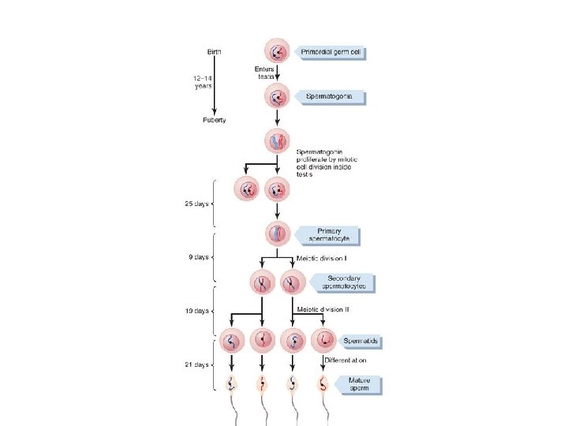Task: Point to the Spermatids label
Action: [361, 342]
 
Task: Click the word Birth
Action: [214, 52]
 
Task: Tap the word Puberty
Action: [215, 120]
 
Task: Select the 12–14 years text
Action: [202, 82]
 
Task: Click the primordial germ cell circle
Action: [278, 53]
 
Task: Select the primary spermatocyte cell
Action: [278, 234]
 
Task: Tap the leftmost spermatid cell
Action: [231, 342]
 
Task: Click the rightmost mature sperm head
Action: [323, 385]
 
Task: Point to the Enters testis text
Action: [264, 73]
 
